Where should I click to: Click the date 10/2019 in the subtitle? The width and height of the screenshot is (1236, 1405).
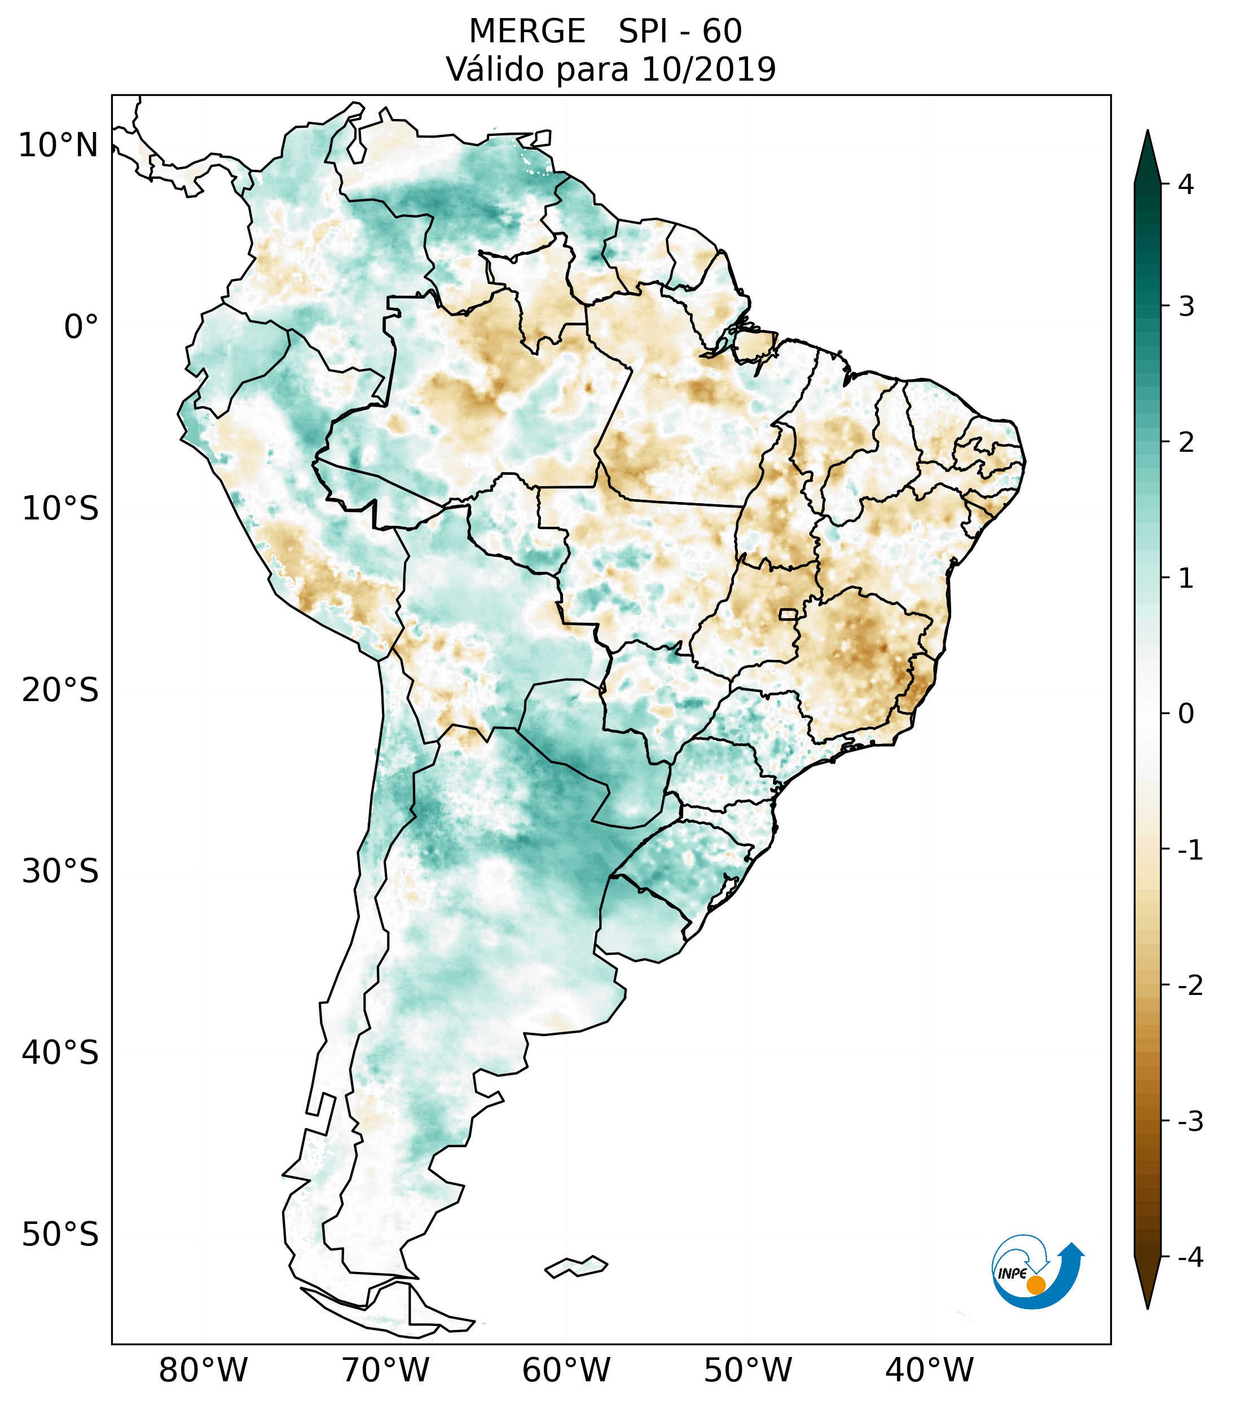708,69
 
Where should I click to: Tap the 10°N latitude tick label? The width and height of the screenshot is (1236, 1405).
59,146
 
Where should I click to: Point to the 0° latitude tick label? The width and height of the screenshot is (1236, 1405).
81,327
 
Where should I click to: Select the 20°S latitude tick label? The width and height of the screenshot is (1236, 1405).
60,690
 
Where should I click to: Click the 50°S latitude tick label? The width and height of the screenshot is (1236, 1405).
60,1235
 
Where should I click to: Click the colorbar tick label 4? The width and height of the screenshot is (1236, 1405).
1185,184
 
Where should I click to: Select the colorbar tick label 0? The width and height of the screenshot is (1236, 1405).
1185,714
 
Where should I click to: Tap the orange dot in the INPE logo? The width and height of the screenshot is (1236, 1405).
1035,1285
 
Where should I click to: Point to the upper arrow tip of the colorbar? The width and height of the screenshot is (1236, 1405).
1147,133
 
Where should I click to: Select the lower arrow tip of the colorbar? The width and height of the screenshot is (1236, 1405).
1147,1308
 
